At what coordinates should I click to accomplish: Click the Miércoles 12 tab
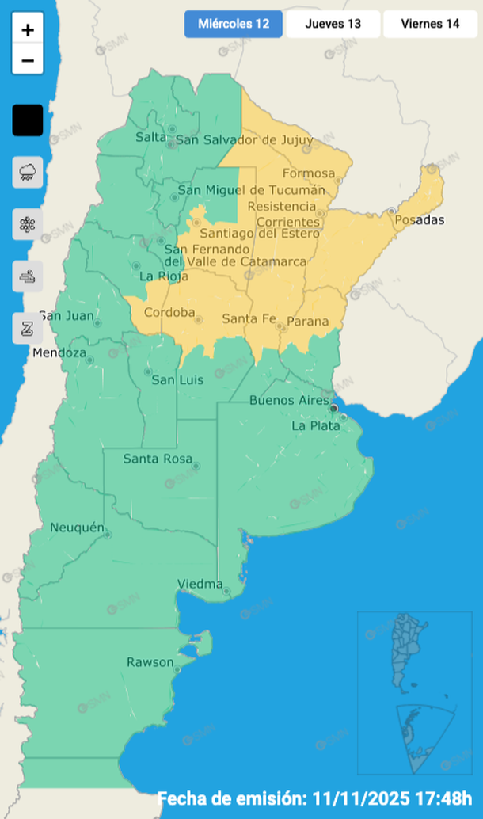(234, 24)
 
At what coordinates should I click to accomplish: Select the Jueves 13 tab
(333, 24)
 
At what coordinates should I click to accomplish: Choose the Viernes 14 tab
(430, 24)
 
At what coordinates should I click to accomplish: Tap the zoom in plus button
(28, 30)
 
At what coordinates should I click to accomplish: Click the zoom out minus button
(28, 60)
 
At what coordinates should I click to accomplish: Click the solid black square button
(28, 120)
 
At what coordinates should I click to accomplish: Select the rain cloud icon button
(28, 172)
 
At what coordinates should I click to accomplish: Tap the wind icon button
(28, 276)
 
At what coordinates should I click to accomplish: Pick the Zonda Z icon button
(28, 328)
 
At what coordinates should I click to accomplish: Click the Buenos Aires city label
(288, 401)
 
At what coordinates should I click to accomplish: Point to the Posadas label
(420, 219)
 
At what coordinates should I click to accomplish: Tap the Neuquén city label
(77, 528)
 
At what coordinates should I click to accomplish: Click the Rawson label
(150, 662)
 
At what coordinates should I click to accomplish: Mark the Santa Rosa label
(156, 459)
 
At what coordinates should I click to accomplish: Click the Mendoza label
(59, 352)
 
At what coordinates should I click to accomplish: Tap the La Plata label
(315, 425)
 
